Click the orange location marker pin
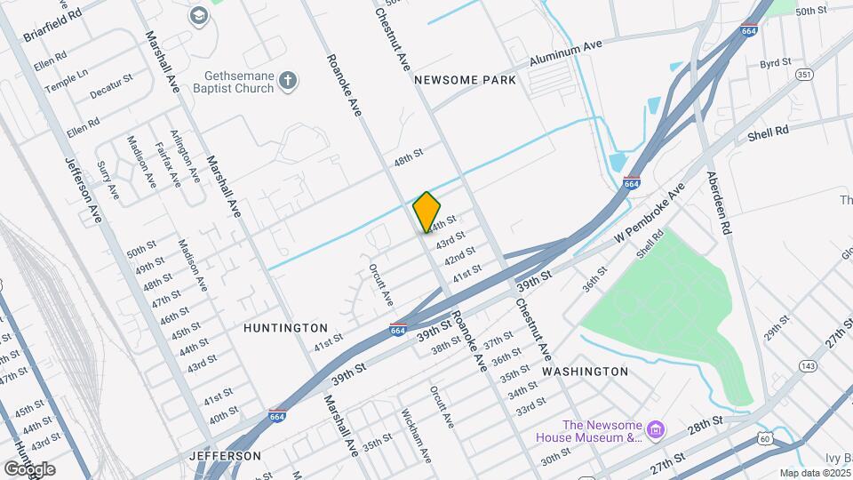[427, 212]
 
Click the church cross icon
[286, 82]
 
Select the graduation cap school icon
[197, 15]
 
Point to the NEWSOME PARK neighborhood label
[466, 80]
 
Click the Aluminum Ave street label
[567, 54]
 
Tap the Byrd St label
[775, 64]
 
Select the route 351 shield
[804, 75]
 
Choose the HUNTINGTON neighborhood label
[285, 328]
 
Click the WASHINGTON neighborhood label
[585, 371]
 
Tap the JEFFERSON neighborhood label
[225, 456]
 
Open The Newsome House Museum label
[590, 430]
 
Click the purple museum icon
[657, 431]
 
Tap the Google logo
[29, 469]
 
